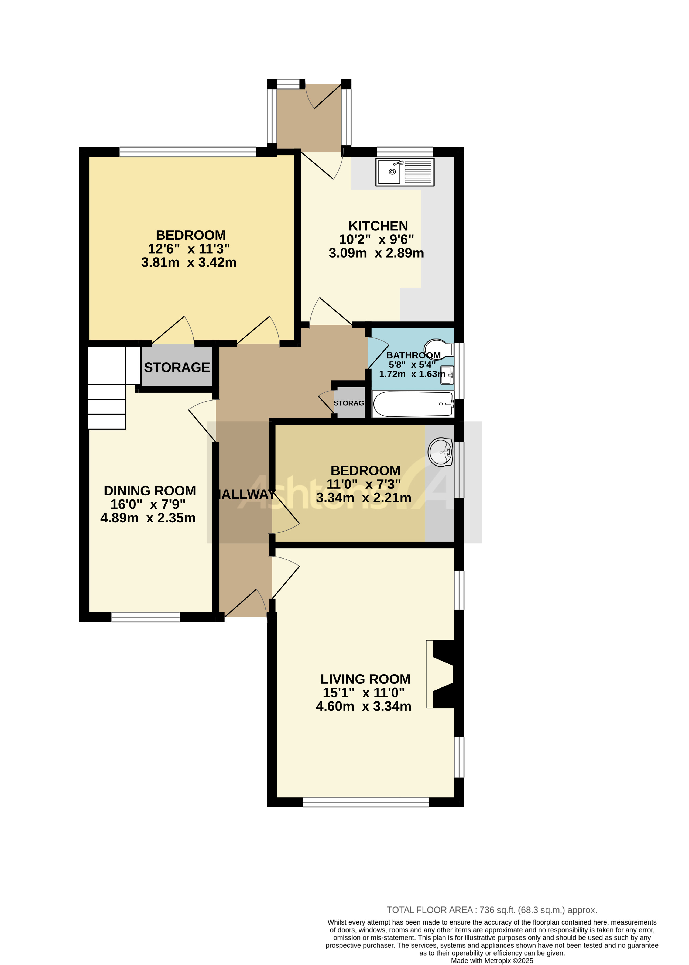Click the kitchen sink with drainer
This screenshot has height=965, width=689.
405,172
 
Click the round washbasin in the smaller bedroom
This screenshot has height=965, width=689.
440,452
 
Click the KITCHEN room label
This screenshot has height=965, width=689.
378,226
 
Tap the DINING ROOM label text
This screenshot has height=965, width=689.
150,491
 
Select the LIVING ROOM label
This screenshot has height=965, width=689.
365,679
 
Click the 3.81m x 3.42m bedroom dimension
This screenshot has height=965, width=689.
189,262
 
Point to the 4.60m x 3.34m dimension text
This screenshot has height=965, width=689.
364,706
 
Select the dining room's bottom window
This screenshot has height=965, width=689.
146,617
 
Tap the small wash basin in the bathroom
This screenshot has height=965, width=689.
447,375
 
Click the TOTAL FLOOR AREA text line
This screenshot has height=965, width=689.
492,910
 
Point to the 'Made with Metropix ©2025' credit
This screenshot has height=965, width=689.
492,961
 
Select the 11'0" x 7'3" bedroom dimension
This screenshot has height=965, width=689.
364,484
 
